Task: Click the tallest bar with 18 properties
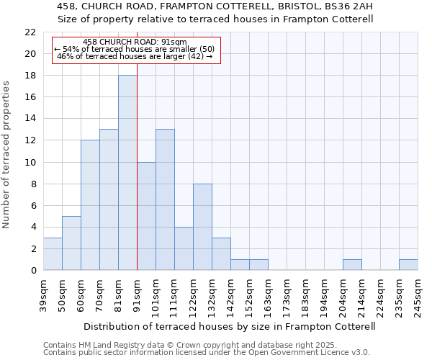pyautogui.click(x=127, y=173)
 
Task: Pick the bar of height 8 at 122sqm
pyautogui.click(x=202, y=227)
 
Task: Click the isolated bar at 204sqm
pyautogui.click(x=352, y=265)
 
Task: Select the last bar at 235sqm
pyautogui.click(x=408, y=265)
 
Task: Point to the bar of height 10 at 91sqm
pyautogui.click(x=146, y=216)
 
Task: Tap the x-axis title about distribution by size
pyautogui.click(x=230, y=326)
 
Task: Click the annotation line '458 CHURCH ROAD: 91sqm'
pyautogui.click(x=135, y=42)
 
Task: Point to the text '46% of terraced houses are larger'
pyautogui.click(x=135, y=56)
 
